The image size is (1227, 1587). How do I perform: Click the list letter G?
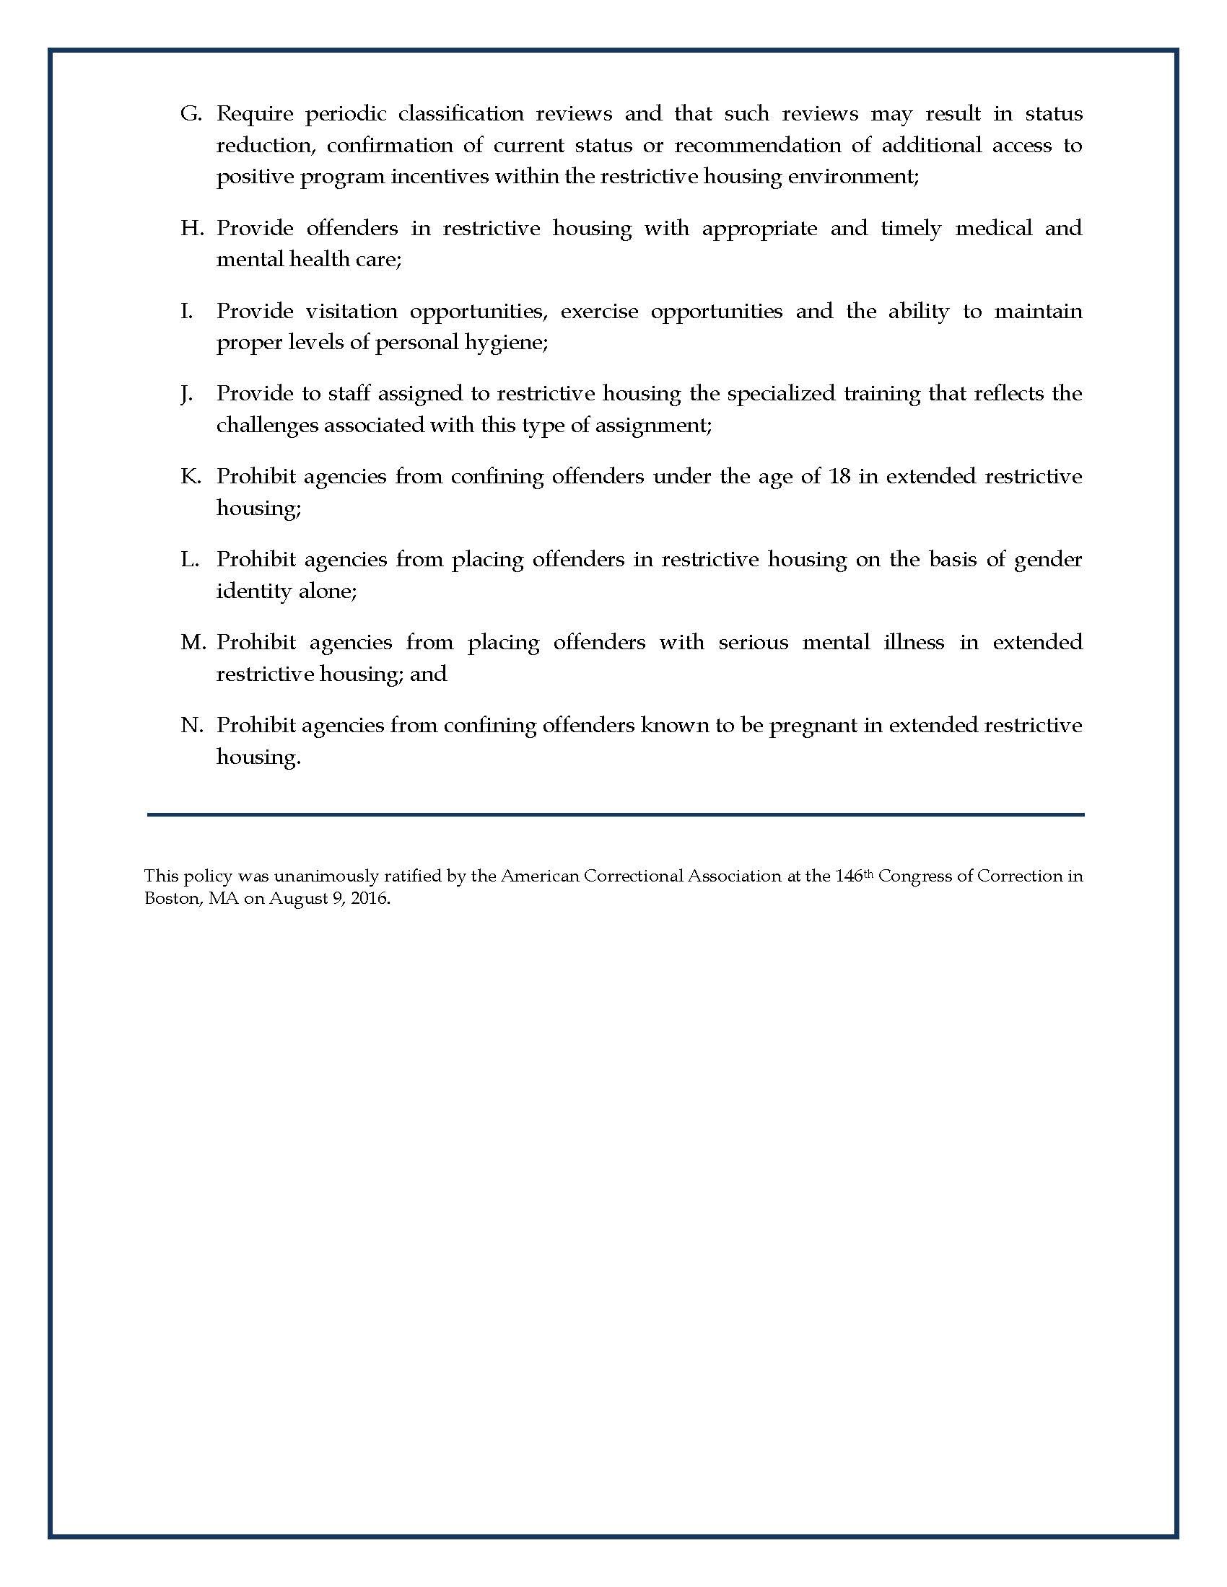(191, 114)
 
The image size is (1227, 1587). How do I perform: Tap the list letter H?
(191, 228)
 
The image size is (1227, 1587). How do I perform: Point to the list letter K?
(191, 477)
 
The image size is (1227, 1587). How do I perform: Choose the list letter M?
(193, 642)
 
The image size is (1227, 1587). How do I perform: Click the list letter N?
(191, 725)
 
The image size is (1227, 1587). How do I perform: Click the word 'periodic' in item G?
(344, 114)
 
